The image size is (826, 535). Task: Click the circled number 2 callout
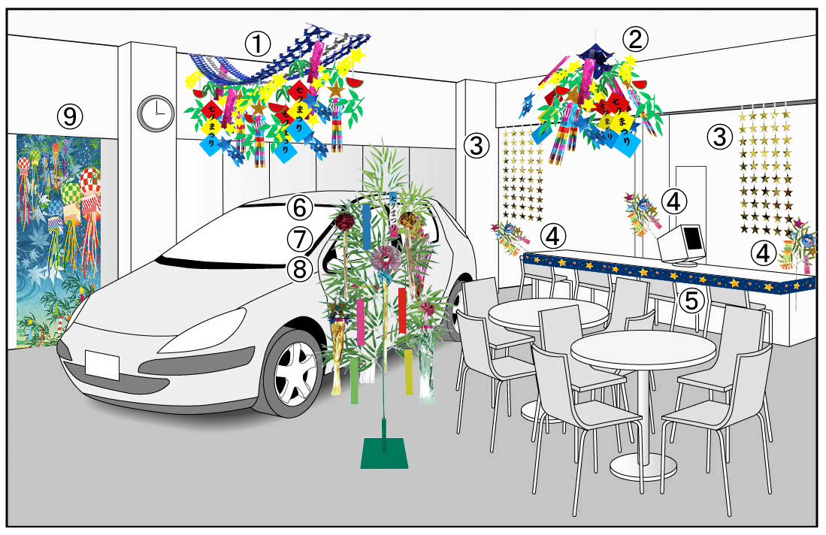[x=636, y=38]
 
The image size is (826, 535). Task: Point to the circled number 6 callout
[x=299, y=205]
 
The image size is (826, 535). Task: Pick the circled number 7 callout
[x=299, y=239]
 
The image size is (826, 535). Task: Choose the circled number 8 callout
[x=299, y=268]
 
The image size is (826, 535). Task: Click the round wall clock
[x=156, y=113]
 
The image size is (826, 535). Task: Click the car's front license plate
[x=101, y=364]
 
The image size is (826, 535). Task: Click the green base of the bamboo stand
[x=383, y=454]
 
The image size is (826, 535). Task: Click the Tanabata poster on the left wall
[x=58, y=233]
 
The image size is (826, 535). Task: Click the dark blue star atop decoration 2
[x=595, y=55]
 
